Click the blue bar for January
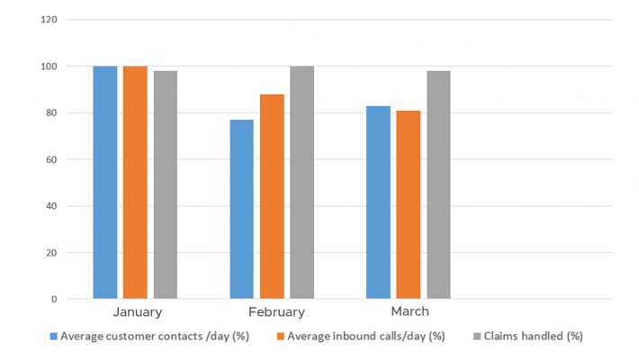pyautogui.click(x=105, y=182)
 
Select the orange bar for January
pyautogui.click(x=135, y=182)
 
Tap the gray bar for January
pyautogui.click(x=165, y=184)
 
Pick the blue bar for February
pyautogui.click(x=242, y=209)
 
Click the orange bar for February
pyautogui.click(x=272, y=196)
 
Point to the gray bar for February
pyautogui.click(x=301, y=182)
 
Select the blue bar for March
pyautogui.click(x=379, y=202)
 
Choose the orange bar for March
pyautogui.click(x=409, y=204)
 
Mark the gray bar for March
pyautogui.click(x=438, y=184)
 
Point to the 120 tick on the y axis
pyautogui.click(x=49, y=20)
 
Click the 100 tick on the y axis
pyautogui.click(x=49, y=67)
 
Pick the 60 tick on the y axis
pyautogui.click(x=51, y=159)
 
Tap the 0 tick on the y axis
pyautogui.click(x=54, y=299)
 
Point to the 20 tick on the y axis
pyautogui.click(x=51, y=252)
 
